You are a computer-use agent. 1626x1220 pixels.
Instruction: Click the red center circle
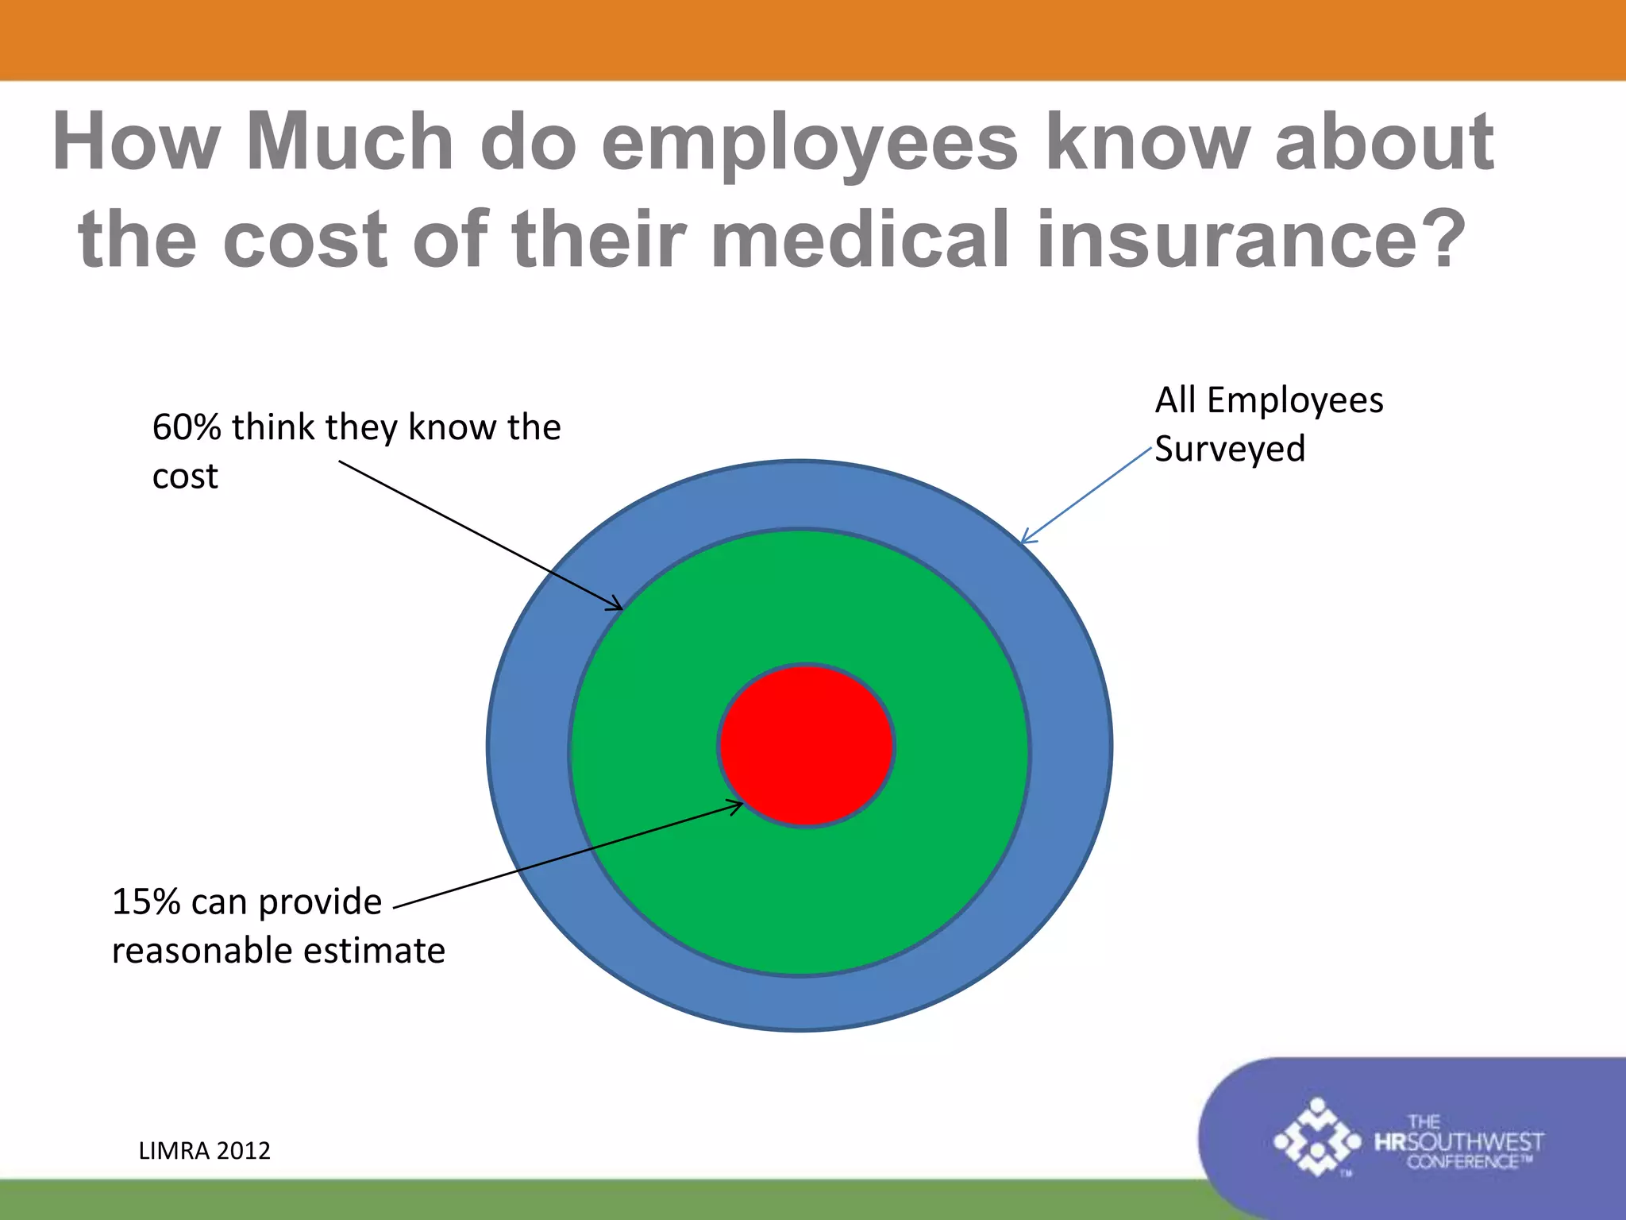point(806,745)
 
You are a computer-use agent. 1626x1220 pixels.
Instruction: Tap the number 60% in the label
point(186,427)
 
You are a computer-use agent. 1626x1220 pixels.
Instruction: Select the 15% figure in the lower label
point(146,902)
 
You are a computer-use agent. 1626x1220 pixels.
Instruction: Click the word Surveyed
point(1229,450)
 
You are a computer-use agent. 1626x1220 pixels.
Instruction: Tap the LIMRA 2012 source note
point(204,1150)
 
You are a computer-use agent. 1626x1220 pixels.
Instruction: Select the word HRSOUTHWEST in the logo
point(1459,1142)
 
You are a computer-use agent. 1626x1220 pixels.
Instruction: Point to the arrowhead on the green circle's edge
point(616,606)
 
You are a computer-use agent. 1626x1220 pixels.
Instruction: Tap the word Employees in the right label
point(1295,400)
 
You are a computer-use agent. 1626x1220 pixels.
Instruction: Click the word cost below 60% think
point(185,477)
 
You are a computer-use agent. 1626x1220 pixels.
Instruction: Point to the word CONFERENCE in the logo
point(1463,1162)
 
